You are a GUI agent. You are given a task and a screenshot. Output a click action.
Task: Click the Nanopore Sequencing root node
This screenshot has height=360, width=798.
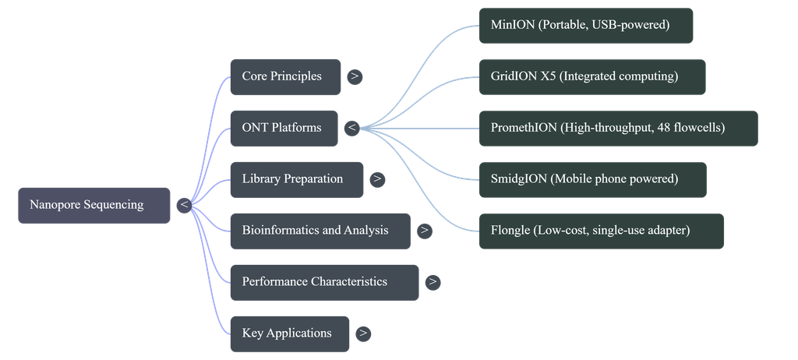[x=94, y=205]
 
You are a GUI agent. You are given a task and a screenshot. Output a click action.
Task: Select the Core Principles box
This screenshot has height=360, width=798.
[x=285, y=77]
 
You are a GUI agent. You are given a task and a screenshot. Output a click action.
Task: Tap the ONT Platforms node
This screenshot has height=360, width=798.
[x=284, y=129]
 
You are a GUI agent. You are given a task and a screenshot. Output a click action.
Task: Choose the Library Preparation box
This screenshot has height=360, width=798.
[x=297, y=180]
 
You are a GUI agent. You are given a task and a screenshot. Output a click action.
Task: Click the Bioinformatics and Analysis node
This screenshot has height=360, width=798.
[x=320, y=231]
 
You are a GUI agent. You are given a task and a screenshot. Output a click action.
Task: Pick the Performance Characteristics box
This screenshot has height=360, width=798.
[x=325, y=283]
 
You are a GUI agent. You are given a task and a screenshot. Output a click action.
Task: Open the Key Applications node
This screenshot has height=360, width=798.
[x=290, y=334]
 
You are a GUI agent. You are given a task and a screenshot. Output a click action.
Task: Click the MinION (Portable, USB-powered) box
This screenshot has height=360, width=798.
[x=586, y=26]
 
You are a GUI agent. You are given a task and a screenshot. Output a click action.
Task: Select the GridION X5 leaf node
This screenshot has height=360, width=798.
[x=592, y=77]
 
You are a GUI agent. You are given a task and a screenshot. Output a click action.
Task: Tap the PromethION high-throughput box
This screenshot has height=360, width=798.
[x=618, y=129]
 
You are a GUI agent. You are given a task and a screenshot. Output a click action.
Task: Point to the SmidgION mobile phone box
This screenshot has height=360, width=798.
[x=593, y=180]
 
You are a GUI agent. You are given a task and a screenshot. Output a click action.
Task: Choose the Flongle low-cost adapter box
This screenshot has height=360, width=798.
[x=602, y=231]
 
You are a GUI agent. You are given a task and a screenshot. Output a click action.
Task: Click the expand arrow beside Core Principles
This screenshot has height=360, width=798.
[x=355, y=77]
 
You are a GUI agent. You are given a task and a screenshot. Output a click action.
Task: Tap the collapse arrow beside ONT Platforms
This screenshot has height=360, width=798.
[x=351, y=129]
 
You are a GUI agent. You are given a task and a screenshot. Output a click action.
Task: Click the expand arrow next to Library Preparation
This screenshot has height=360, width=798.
[x=377, y=180]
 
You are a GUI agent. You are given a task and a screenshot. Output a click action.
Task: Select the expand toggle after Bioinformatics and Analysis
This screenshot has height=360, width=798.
[x=425, y=231]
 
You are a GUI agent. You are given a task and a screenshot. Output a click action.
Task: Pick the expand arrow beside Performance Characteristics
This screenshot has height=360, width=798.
[x=433, y=283]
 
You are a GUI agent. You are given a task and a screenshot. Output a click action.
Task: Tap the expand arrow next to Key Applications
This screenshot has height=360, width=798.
[x=363, y=334]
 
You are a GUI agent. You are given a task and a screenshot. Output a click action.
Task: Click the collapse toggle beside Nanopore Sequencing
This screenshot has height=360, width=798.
[x=184, y=206]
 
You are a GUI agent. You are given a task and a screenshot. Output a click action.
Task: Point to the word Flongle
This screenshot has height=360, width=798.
[x=510, y=231]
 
